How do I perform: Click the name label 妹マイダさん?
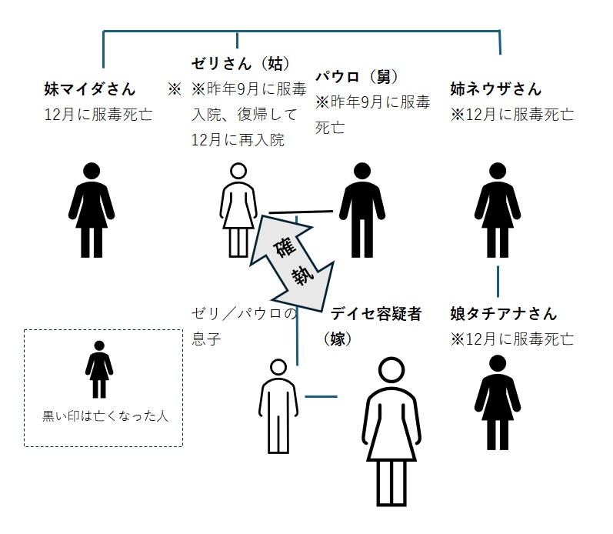pyautogui.click(x=89, y=88)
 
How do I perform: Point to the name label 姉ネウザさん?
pyautogui.click(x=496, y=88)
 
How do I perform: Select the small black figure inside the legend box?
pyautogui.click(x=98, y=369)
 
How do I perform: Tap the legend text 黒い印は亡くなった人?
pyautogui.click(x=105, y=416)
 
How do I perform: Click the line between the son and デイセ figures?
pyautogui.click(x=321, y=397)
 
